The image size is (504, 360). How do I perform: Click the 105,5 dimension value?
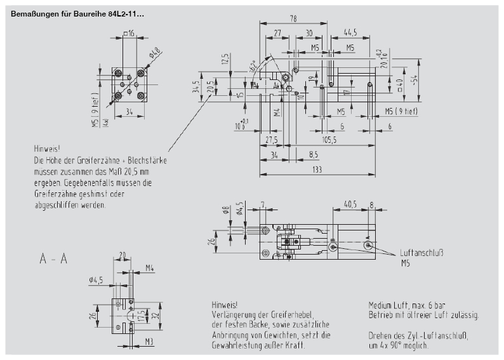(328, 140)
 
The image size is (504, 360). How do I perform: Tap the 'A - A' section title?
(53, 259)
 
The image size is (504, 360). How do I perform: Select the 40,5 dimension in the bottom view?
(350, 204)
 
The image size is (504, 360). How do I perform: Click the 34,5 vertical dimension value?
(197, 86)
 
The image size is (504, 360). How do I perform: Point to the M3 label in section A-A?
(147, 341)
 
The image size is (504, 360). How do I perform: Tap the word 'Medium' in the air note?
(380, 304)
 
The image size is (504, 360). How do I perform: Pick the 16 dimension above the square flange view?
(131, 33)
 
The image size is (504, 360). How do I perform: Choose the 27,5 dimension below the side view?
(272, 140)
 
